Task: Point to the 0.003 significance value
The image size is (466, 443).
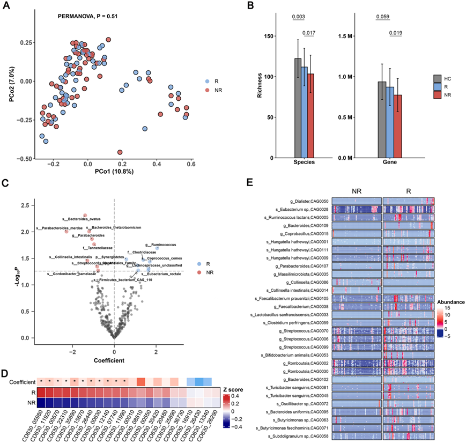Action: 299,17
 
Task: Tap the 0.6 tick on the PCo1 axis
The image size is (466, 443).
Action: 190,164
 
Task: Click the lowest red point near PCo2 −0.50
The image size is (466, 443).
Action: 120,152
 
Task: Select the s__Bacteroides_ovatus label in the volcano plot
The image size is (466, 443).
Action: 82,219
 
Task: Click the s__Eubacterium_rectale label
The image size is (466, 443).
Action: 160,274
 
